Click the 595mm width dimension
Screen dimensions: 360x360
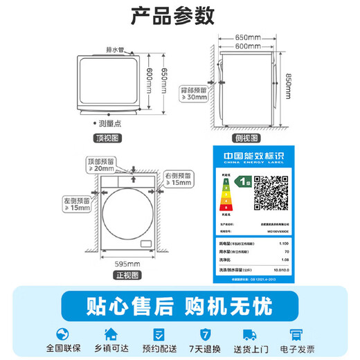pyautogui.click(x=129, y=263)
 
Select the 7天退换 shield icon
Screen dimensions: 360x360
pyautogui.click(x=204, y=333)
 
